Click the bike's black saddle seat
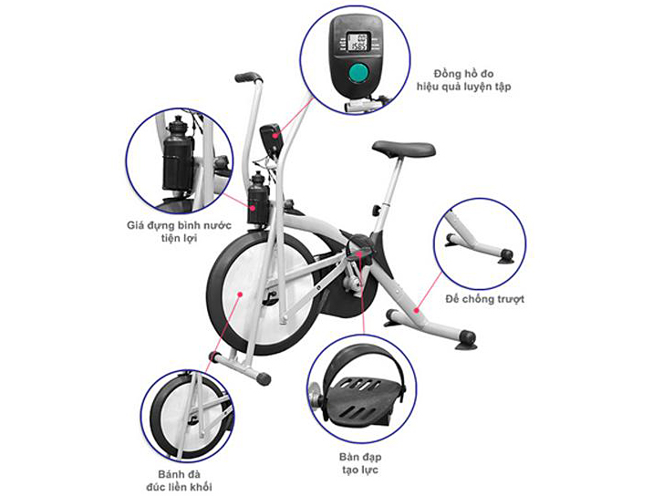(403, 150)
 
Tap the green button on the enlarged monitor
(358, 72)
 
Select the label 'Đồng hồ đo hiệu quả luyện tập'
(463, 80)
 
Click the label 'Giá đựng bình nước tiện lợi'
(179, 232)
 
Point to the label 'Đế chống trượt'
(485, 299)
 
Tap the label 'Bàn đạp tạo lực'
(360, 463)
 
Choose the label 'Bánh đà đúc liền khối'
(179, 480)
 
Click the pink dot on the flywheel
(240, 294)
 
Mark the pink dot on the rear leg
(416, 310)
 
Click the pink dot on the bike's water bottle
(253, 207)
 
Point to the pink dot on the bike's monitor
(275, 135)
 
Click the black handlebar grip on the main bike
(247, 77)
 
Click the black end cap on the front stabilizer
(264, 378)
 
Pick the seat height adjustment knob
(377, 210)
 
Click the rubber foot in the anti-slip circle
(505, 256)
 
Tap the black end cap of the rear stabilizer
(467, 336)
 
